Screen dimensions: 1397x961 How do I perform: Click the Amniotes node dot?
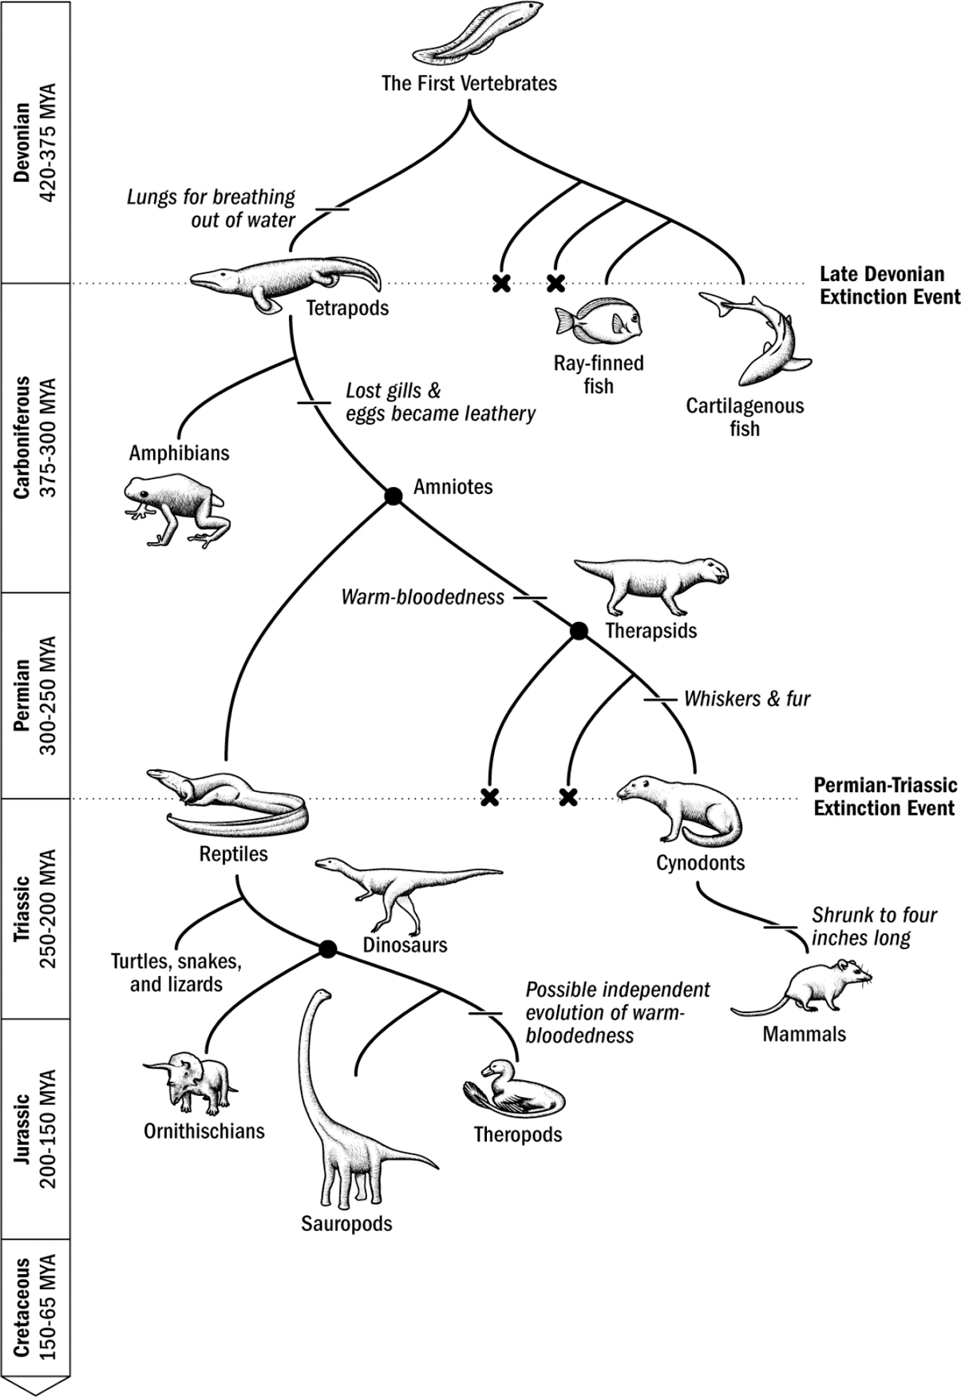393,496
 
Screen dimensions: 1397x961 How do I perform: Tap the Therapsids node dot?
579,631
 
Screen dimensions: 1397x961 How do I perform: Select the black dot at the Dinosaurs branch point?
327,948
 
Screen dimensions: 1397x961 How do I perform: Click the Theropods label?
517,1134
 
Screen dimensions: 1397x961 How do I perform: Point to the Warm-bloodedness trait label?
422,597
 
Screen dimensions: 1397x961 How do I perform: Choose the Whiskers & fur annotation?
746,698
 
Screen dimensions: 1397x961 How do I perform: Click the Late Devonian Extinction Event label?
889,285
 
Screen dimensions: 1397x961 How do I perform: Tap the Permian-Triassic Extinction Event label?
884,796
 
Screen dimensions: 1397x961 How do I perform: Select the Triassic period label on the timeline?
34,908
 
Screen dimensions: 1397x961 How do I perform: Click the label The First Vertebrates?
469,83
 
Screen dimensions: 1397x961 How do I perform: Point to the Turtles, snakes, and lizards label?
176,972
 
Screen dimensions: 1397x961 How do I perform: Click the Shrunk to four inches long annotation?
873,926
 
